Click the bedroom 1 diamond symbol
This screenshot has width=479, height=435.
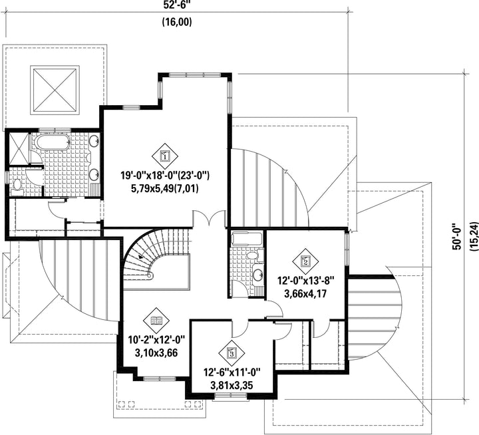tap(165, 156)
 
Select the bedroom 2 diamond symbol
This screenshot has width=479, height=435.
tap(305, 261)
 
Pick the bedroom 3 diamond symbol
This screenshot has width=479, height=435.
tap(232, 353)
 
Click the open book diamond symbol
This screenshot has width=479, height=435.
tap(157, 321)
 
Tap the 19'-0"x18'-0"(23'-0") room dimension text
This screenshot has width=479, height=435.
tap(165, 176)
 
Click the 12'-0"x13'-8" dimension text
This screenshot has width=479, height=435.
tap(306, 281)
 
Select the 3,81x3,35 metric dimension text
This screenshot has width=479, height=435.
tap(232, 386)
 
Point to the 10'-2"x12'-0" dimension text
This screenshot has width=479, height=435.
tap(157, 340)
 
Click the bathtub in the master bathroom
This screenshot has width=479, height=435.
tap(53, 142)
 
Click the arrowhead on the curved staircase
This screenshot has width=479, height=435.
tap(140, 257)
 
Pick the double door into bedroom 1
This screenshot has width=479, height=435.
tap(210, 218)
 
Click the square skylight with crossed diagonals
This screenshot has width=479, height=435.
tap(55, 90)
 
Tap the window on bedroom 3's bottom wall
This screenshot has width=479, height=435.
tap(231, 396)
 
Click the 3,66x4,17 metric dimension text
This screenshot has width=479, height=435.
tap(305, 294)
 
